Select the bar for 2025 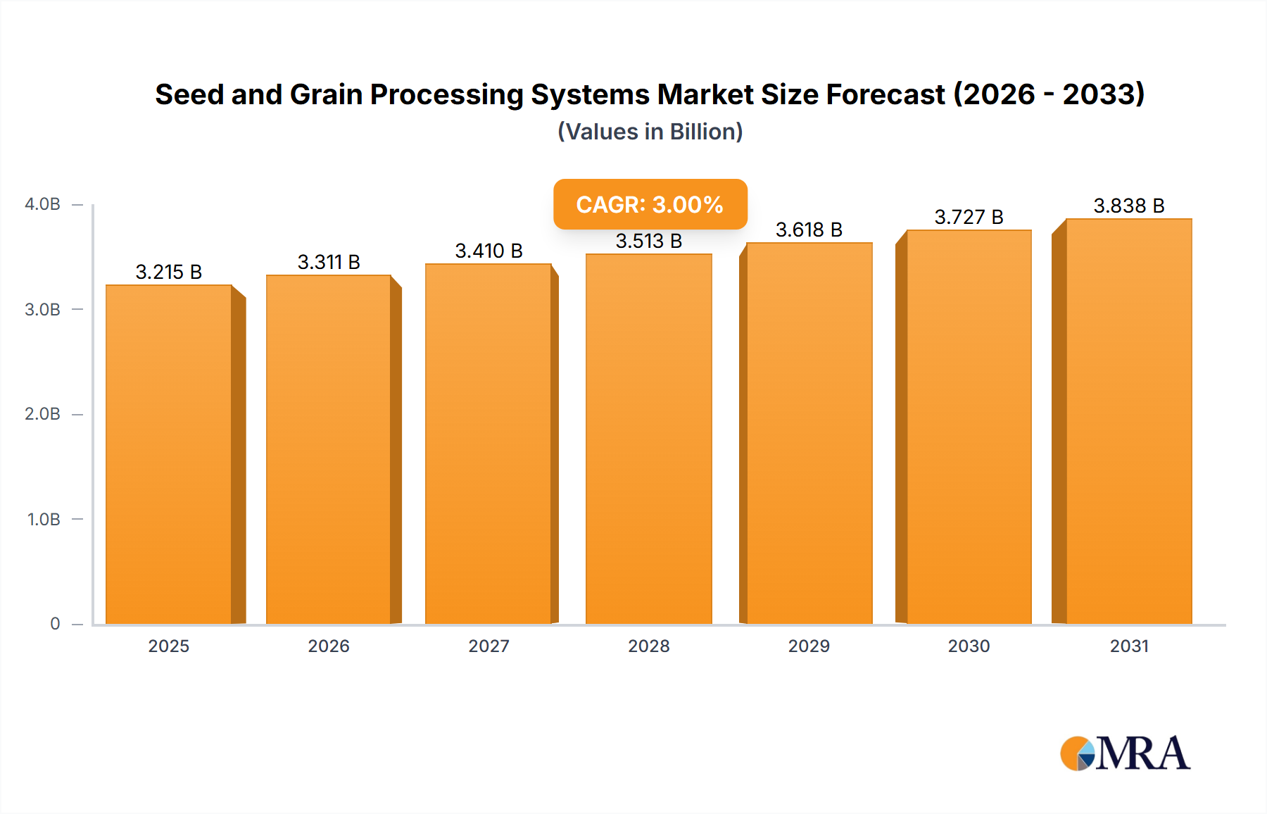(x=169, y=454)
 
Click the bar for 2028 (x=648, y=439)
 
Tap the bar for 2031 (x=1128, y=421)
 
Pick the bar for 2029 (x=809, y=433)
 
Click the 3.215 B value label (x=169, y=272)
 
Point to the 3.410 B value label (x=488, y=251)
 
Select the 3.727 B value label (x=969, y=217)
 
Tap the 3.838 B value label (x=1128, y=206)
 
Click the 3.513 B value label (x=648, y=241)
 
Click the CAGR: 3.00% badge (x=650, y=204)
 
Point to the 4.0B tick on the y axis (x=43, y=204)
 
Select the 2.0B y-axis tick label (x=43, y=414)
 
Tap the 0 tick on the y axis (x=55, y=624)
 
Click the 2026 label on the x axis (x=329, y=646)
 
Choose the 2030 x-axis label (x=969, y=646)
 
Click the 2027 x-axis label (x=488, y=646)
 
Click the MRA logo (x=1125, y=753)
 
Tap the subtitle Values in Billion (x=650, y=132)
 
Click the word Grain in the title (x=326, y=94)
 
